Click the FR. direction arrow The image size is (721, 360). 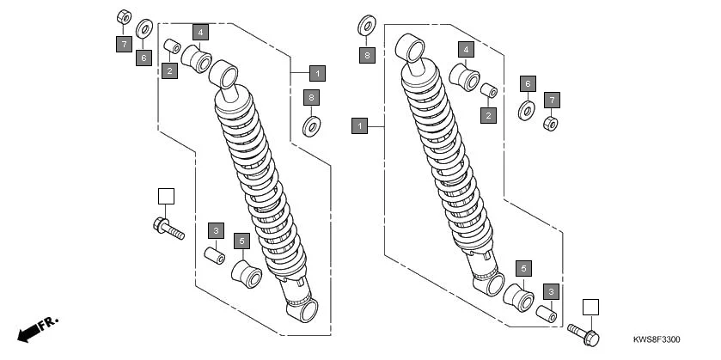pyautogui.click(x=36, y=327)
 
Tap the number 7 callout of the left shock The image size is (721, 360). pyautogui.click(x=124, y=42)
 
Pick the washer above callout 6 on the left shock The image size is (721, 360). pyautogui.click(x=144, y=25)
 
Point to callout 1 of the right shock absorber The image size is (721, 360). pyautogui.click(x=360, y=126)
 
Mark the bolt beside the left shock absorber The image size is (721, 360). pyautogui.click(x=168, y=229)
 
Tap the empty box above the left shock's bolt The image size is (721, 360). pyautogui.click(x=166, y=196)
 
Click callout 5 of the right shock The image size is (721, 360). pyautogui.click(x=522, y=267)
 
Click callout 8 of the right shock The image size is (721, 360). pyautogui.click(x=367, y=56)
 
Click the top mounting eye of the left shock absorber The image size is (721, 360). pyautogui.click(x=226, y=74)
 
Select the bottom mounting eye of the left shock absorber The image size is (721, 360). pyautogui.click(x=302, y=309)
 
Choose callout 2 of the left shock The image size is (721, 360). pyautogui.click(x=170, y=70)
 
